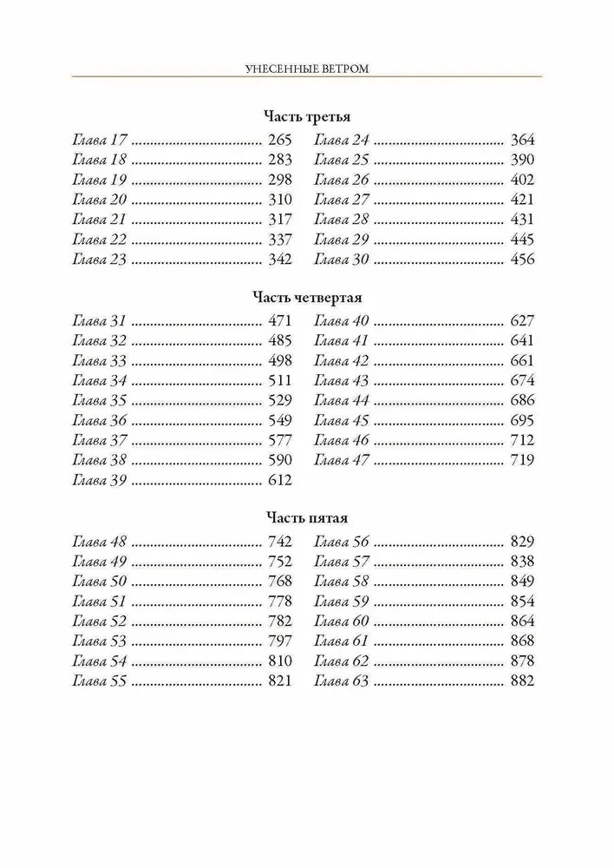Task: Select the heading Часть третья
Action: [307, 116]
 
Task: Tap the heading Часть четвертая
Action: [307, 298]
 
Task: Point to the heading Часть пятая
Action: [307, 518]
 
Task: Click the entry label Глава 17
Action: [101, 140]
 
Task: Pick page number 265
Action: [279, 140]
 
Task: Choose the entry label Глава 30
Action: [342, 260]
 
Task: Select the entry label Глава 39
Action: [101, 481]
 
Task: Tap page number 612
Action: [279, 481]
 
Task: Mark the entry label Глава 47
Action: [342, 461]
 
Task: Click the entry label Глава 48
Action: [101, 542]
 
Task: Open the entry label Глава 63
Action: [342, 681]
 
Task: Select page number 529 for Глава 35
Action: [279, 401]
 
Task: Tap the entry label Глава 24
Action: [342, 140]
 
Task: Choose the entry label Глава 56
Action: [342, 542]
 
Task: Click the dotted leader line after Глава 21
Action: [199, 220]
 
